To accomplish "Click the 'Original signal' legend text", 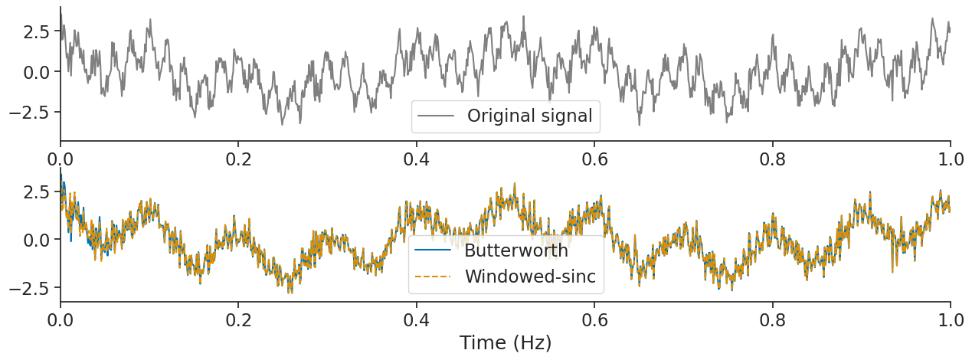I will click(x=530, y=116).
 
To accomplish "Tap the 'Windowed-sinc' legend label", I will click(x=530, y=277).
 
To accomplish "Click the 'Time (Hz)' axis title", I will click(x=506, y=342).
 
